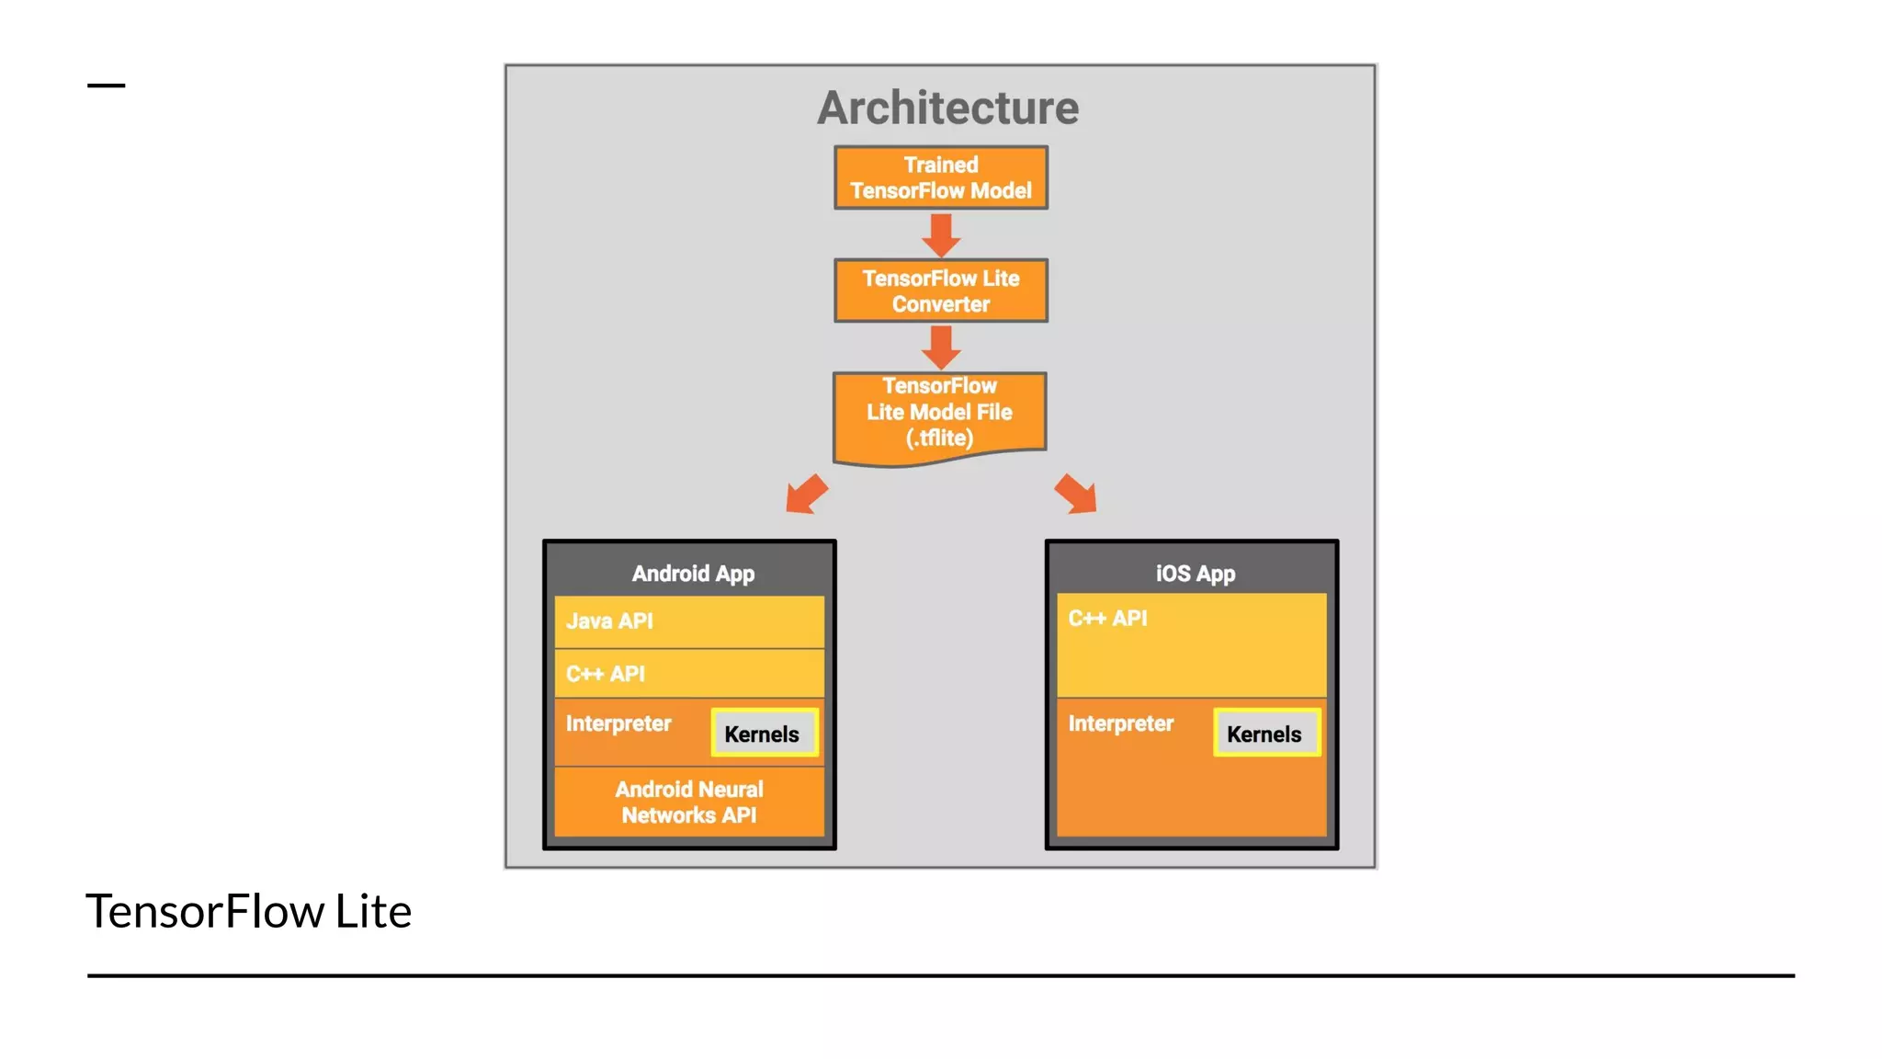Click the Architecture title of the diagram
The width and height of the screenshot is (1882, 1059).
tap(947, 108)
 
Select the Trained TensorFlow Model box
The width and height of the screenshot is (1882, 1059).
tap(940, 177)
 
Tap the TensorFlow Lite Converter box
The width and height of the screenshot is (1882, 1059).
tap(940, 290)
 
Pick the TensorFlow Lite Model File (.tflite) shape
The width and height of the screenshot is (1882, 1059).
tap(939, 414)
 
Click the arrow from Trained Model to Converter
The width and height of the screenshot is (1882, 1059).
tap(941, 235)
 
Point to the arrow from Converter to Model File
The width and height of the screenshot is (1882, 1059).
tap(941, 347)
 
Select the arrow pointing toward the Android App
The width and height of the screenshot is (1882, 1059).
tap(806, 495)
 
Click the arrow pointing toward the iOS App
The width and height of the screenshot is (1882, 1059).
tap(1076, 495)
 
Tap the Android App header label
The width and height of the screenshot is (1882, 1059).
tap(693, 574)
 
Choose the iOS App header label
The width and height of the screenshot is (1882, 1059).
tap(1195, 574)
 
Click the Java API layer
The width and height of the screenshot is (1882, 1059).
tap(689, 621)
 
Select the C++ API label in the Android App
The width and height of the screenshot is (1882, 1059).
tap(606, 674)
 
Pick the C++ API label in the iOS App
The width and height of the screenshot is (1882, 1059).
tap(1107, 619)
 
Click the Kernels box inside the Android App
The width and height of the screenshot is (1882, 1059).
tap(763, 734)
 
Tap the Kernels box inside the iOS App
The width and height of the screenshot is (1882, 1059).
tap(1265, 734)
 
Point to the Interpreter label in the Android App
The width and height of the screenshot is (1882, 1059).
tap(618, 723)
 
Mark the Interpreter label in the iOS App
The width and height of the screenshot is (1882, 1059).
tap(1120, 723)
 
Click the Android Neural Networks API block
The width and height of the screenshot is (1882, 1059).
tap(689, 802)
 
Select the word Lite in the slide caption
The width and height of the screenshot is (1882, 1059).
tap(372, 911)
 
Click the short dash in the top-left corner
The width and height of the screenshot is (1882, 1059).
tap(106, 85)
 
